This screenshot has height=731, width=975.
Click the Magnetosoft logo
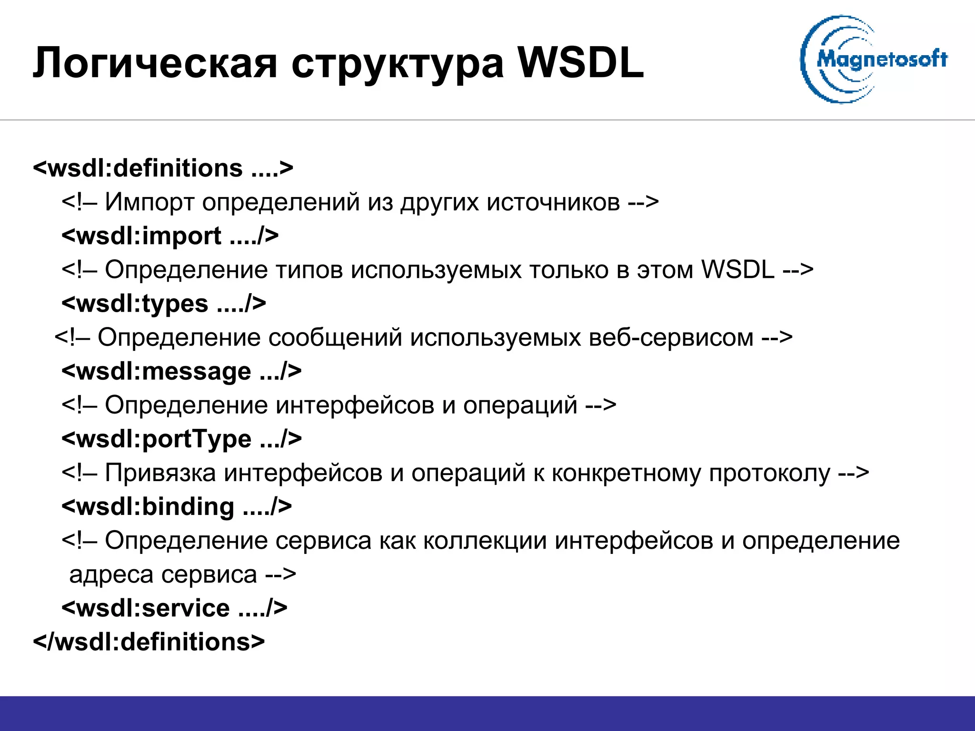point(874,59)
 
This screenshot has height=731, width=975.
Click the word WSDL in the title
point(581,63)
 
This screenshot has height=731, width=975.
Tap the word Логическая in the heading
point(155,63)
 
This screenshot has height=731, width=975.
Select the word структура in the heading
point(398,63)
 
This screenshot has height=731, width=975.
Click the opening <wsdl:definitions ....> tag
point(163,168)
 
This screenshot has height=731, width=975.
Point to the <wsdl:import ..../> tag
point(170,236)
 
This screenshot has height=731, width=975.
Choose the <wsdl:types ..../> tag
point(164,304)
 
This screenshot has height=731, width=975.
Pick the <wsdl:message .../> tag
point(181,371)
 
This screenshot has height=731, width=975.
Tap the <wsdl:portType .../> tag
point(181,439)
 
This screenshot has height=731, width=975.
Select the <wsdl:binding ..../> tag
point(177,506)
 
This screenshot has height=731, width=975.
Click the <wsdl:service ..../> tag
point(174,608)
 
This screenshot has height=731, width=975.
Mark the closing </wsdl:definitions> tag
point(149,642)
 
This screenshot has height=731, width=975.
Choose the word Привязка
point(160,474)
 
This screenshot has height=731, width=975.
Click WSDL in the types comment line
point(738,270)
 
